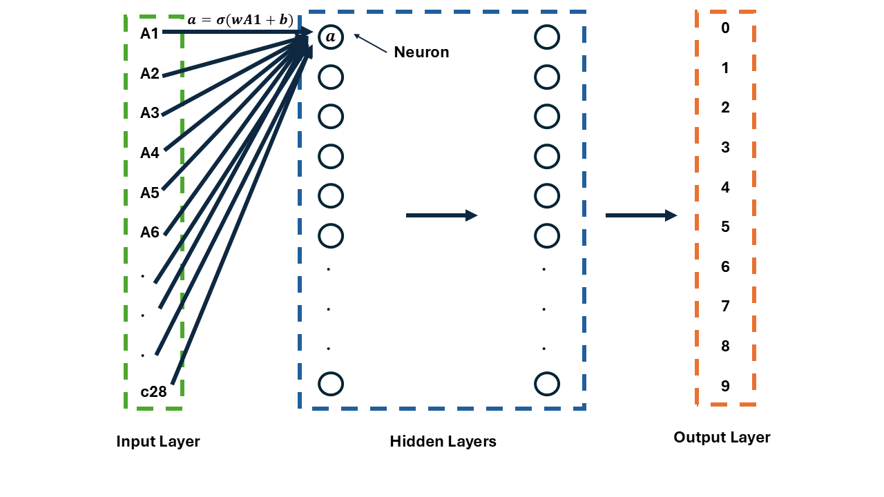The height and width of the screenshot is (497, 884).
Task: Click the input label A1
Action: coord(150,33)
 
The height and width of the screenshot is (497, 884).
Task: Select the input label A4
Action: coord(150,153)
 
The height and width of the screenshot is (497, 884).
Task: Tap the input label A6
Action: coord(150,233)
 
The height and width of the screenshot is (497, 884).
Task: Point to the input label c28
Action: coord(153,392)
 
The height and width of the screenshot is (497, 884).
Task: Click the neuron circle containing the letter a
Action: coord(331,37)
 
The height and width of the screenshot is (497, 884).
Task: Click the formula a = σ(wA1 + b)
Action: coord(240,20)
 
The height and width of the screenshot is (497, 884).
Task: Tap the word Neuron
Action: coord(421,52)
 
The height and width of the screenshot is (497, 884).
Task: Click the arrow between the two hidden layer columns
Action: coord(441,215)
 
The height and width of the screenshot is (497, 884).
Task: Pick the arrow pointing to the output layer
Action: coord(641,215)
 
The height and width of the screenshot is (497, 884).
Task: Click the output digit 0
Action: coord(725,28)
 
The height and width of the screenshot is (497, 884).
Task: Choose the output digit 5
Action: coord(725,227)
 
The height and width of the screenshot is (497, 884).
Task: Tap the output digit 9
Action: coord(725,386)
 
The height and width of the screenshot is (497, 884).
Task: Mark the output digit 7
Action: coord(725,306)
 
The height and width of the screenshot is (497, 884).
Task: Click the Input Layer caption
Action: coord(158,442)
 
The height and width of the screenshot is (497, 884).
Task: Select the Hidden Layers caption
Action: coord(443,442)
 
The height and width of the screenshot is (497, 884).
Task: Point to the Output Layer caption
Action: coord(722,438)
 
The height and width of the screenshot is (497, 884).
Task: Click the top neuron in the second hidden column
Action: coord(546,37)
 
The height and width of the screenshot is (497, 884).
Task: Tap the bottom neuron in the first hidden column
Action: coord(331,383)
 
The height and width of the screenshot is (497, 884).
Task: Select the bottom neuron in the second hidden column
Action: coord(546,383)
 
